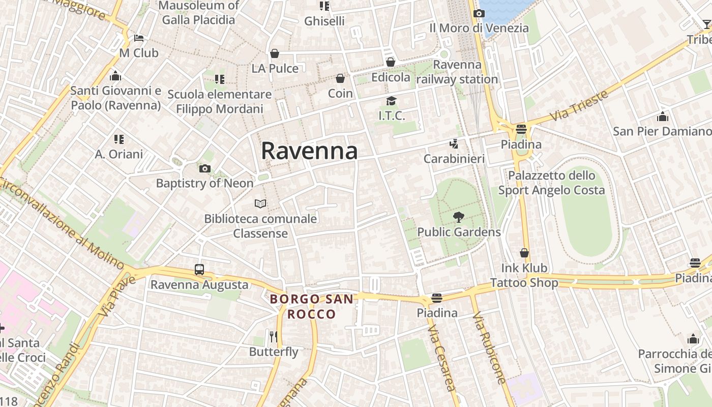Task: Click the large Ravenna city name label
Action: (309, 151)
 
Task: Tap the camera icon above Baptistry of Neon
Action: (204, 168)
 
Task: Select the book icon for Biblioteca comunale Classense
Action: (260, 204)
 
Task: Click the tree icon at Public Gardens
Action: (459, 217)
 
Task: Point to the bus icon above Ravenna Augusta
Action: (199, 270)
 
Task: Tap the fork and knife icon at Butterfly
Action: (274, 336)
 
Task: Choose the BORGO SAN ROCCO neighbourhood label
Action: (311, 306)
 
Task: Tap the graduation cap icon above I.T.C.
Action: (391, 101)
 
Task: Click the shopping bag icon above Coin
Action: (340, 78)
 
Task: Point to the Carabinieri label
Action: (454, 159)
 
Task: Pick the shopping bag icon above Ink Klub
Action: (524, 253)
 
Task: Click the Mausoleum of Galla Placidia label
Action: (198, 13)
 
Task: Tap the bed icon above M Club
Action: (139, 38)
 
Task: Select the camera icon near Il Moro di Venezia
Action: (479, 14)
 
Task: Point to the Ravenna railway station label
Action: (457, 72)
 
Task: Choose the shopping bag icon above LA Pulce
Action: (275, 53)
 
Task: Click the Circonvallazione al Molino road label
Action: (61, 224)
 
